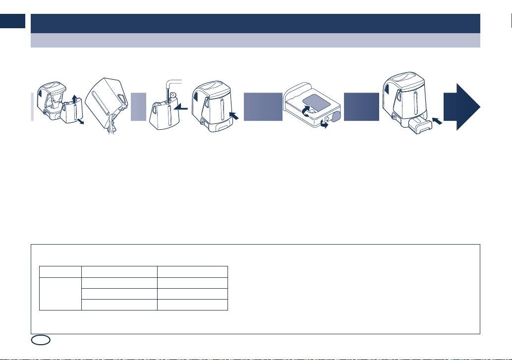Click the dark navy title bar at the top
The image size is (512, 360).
pos(255,23)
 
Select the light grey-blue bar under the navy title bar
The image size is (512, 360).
pos(255,40)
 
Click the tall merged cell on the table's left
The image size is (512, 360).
pos(60,293)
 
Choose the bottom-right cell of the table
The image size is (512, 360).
pos(192,305)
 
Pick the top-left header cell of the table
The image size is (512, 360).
pos(60,271)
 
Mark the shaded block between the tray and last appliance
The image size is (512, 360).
pos(361,106)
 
